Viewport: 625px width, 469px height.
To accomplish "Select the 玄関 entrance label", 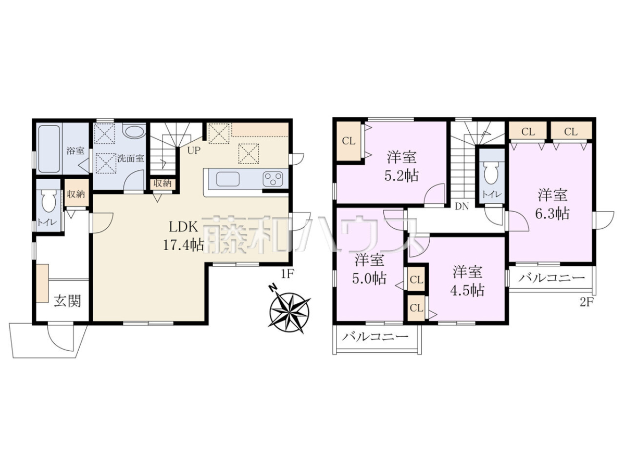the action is click(x=68, y=301).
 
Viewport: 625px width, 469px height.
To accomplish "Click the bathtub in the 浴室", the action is click(x=49, y=149).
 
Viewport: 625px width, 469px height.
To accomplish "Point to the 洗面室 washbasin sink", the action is click(x=134, y=131).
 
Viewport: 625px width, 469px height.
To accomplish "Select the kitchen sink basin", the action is click(x=228, y=179).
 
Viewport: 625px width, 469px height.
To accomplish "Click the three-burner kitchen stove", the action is click(x=272, y=179).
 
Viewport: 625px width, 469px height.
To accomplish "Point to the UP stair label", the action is click(x=194, y=150).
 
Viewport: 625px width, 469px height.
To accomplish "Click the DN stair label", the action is click(x=462, y=206).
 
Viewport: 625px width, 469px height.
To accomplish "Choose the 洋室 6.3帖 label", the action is click(x=553, y=204).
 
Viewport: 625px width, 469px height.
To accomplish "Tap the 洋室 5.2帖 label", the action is click(x=402, y=167).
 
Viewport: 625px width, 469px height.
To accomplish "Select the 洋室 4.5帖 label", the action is click(x=468, y=281).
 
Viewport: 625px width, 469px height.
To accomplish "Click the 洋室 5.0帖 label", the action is click(x=369, y=269).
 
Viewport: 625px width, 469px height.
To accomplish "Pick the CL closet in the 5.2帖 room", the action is click(x=348, y=141).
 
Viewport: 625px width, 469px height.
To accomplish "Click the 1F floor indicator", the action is click(x=287, y=274).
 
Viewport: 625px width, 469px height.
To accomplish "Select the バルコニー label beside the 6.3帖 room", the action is click(x=552, y=278).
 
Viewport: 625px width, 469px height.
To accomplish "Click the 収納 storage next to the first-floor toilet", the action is click(x=76, y=194).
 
